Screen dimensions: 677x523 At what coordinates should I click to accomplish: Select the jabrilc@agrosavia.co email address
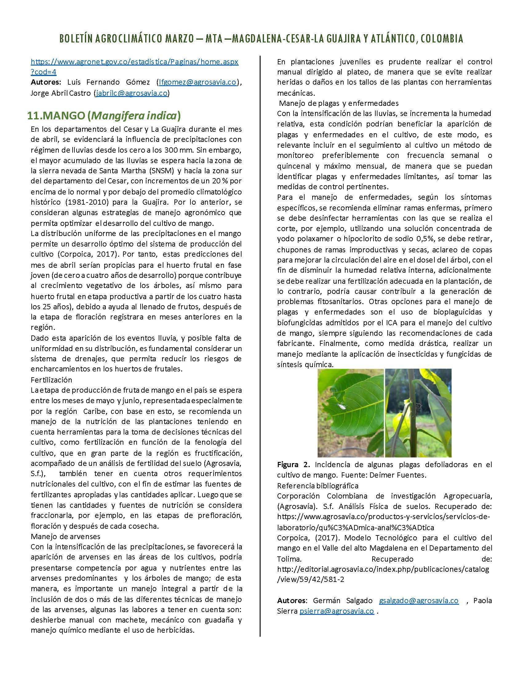(x=132, y=93)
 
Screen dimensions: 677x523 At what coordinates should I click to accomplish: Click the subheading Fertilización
(x=51, y=380)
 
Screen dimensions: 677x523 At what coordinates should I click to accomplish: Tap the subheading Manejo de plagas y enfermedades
(x=339, y=103)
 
